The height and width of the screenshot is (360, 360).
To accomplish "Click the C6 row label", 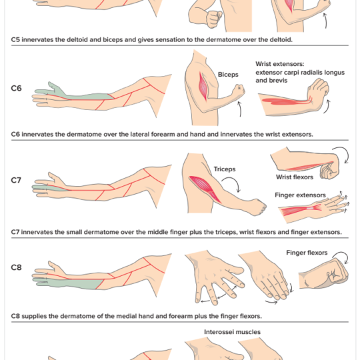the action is tap(16, 88).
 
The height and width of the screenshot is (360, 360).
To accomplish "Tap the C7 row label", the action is tap(16, 180).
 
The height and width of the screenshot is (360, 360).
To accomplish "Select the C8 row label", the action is tap(16, 267).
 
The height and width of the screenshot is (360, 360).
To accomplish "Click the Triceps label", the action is tap(225, 169).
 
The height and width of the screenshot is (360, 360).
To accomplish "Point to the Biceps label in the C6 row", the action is tap(228, 75).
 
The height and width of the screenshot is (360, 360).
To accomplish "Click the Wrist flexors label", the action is tap(295, 177).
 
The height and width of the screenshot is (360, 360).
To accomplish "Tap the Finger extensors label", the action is tap(300, 195).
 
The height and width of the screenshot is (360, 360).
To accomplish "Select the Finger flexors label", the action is tap(307, 253).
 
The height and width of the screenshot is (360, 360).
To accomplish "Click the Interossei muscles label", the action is tap(232, 332).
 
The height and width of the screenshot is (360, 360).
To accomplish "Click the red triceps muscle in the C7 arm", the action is tap(205, 187).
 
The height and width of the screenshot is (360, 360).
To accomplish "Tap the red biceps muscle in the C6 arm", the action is tap(203, 87).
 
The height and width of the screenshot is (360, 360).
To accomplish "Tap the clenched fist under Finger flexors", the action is tap(324, 274).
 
